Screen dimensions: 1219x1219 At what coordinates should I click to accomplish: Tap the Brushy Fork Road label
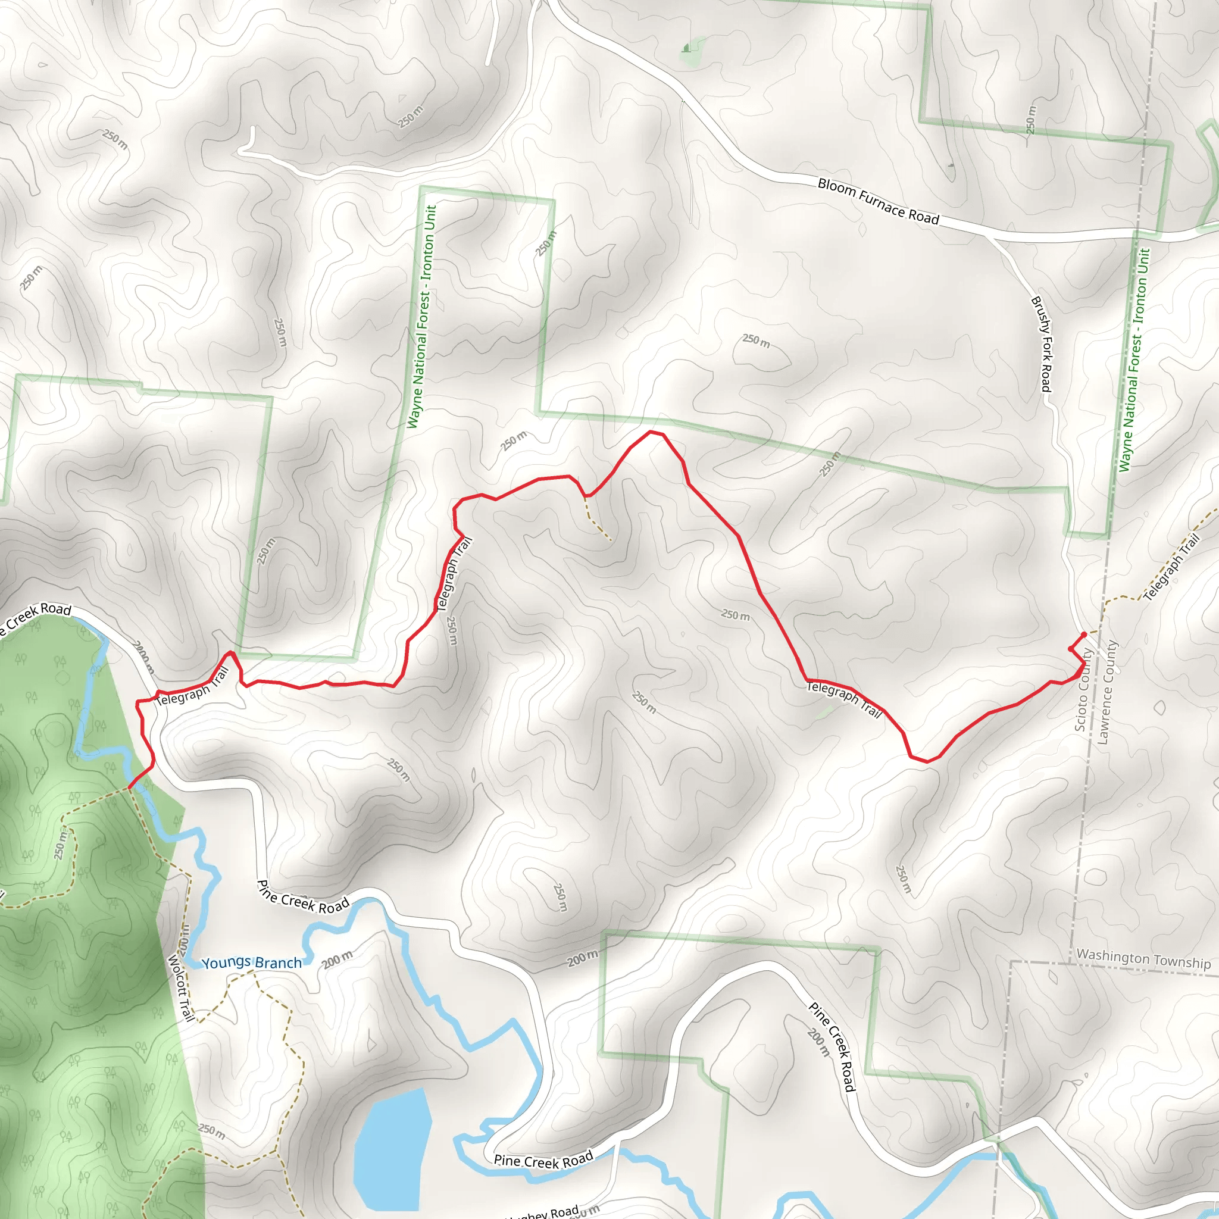click(1041, 344)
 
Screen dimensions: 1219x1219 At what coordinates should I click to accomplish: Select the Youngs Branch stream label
click(251, 963)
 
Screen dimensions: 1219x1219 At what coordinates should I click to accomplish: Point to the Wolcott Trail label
click(180, 988)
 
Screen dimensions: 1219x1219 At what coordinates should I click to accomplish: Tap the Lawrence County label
click(1107, 692)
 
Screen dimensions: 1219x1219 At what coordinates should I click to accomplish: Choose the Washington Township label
click(1143, 958)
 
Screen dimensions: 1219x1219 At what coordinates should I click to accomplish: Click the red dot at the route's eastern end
click(1084, 634)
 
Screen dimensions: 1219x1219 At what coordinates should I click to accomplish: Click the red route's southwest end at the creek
click(129, 787)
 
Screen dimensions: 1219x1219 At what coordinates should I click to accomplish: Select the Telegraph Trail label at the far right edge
click(1171, 567)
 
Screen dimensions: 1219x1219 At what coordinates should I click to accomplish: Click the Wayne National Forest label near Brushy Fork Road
click(1134, 360)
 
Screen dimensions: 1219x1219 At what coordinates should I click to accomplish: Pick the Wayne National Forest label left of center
click(422, 317)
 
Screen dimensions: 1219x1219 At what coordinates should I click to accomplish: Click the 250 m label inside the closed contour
click(756, 340)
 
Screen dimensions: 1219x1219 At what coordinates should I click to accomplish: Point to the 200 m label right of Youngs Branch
click(337, 959)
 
